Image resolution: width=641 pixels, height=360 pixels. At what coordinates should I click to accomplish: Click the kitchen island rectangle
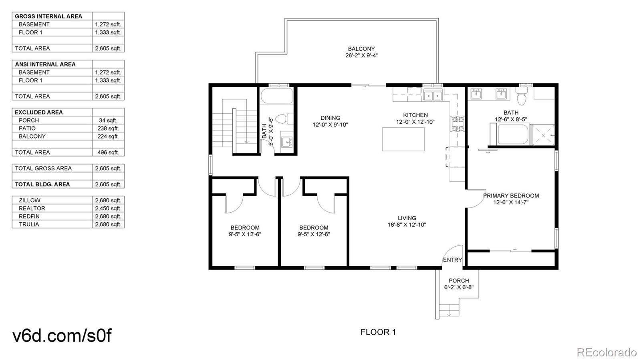click(x=403, y=139)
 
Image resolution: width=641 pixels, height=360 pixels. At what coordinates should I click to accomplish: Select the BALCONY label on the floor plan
click(x=361, y=49)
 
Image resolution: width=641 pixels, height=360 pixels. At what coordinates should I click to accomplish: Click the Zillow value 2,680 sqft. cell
click(x=108, y=200)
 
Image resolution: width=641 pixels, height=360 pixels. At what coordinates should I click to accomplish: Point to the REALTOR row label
click(x=32, y=208)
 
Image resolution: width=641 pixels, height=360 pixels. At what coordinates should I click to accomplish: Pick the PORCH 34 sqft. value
click(x=108, y=120)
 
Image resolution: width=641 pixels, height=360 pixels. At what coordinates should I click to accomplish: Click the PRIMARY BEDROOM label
click(x=511, y=196)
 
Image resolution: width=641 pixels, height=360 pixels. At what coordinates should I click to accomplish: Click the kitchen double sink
click(x=433, y=96)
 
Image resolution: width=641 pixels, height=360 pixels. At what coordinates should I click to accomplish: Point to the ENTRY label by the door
click(x=452, y=260)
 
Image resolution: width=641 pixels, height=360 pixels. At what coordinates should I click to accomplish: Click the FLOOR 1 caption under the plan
click(x=378, y=332)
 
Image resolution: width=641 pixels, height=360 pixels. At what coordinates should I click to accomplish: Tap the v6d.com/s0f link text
click(x=62, y=336)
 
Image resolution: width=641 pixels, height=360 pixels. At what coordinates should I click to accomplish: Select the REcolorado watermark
click(x=606, y=352)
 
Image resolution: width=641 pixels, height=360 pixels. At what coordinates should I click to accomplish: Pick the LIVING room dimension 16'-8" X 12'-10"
click(x=407, y=225)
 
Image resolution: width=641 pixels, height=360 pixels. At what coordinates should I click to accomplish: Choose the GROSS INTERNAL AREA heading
click(x=48, y=16)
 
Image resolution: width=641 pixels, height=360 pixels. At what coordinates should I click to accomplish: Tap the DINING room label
click(x=330, y=118)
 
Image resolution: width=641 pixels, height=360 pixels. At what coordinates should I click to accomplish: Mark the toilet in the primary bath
click(x=522, y=98)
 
